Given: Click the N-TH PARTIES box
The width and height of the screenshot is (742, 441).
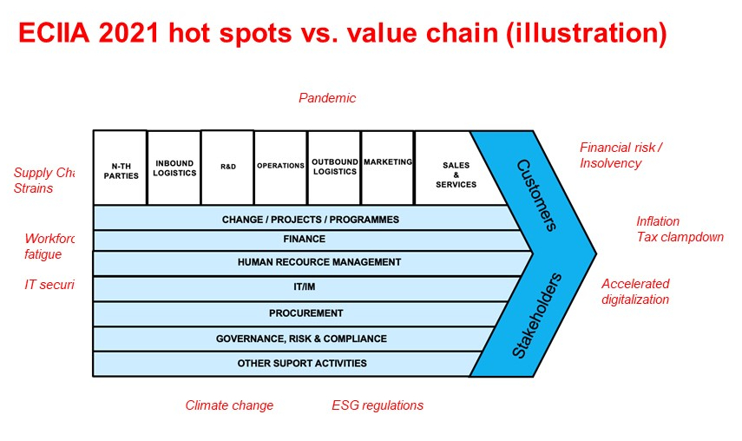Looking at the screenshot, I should coord(120,168).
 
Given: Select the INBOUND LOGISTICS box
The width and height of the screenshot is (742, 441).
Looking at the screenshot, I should coord(174,168).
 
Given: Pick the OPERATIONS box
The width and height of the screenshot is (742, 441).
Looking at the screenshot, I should coord(280,167).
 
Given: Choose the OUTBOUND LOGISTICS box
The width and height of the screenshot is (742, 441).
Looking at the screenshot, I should coord(334,168).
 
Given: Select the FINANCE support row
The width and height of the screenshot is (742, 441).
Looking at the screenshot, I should coord(304,240).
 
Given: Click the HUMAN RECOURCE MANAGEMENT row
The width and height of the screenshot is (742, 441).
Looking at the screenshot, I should coord(318,262).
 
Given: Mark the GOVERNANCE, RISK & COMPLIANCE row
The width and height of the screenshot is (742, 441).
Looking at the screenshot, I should coord(301,339).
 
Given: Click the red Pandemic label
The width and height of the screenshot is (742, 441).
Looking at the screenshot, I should coord(327,98).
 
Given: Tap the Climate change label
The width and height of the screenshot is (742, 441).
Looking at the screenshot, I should coord(229,405).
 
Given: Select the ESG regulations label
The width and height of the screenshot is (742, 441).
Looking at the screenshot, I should coord(378,405).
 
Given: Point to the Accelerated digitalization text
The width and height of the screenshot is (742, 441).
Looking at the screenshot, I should coord(635,292).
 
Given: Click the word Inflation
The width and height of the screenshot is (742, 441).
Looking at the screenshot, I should coord(658,221).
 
